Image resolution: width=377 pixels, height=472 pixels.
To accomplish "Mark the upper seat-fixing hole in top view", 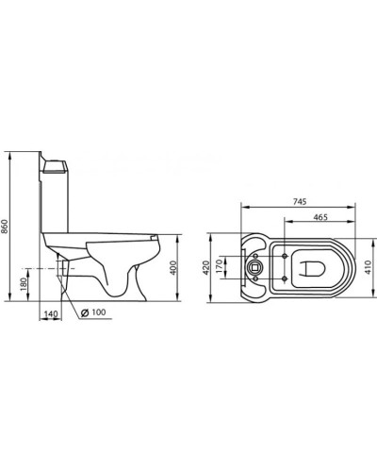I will [x=283, y=254].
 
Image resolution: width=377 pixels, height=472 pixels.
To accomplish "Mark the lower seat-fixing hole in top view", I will [x=283, y=278].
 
